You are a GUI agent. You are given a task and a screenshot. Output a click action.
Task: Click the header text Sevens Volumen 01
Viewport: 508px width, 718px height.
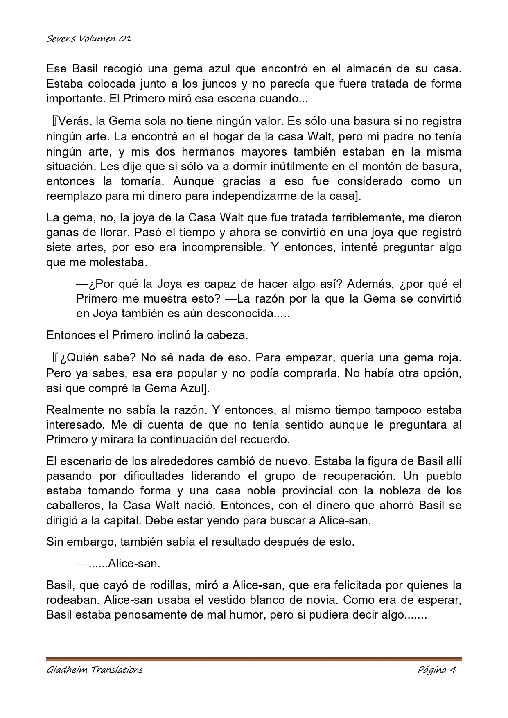88,39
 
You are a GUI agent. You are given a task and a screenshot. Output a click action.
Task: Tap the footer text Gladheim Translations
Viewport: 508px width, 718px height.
95,670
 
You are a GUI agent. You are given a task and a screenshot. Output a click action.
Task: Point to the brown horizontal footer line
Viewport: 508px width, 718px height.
254,659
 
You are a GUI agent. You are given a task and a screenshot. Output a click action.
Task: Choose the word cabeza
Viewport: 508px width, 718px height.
227,335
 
